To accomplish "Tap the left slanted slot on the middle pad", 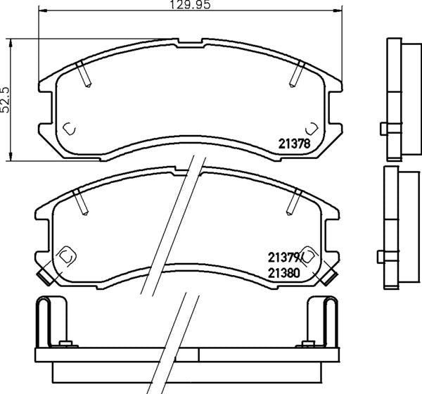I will click(x=80, y=203).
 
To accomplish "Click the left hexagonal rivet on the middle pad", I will click(x=66, y=255).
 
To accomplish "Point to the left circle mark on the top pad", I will click(x=69, y=128).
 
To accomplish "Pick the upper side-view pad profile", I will click(x=394, y=99).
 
